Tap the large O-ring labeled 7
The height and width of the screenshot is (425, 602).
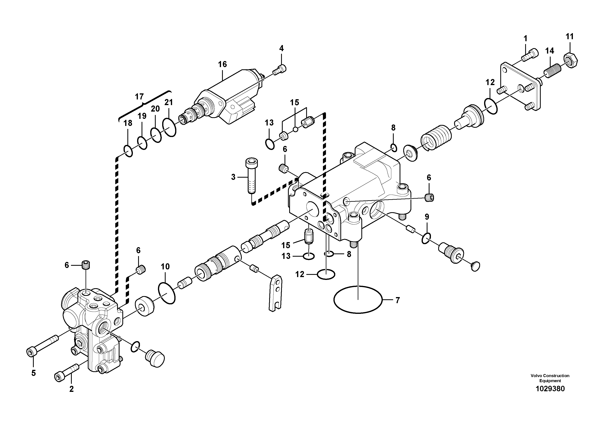(x=358, y=299)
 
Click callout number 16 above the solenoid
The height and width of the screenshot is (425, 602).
(x=222, y=64)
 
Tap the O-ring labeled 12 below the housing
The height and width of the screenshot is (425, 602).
(x=326, y=274)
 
